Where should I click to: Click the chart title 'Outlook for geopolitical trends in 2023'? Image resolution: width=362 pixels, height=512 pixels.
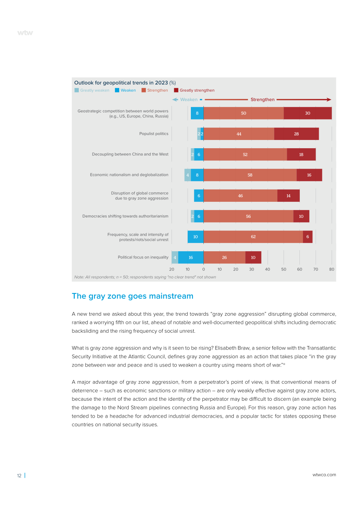tap(121, 83)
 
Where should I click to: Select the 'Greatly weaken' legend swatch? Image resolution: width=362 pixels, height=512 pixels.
tap(77, 90)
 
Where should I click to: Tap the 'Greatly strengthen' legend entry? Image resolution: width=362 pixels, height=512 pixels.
tap(194, 90)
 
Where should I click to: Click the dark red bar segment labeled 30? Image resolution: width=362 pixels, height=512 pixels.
tap(308, 113)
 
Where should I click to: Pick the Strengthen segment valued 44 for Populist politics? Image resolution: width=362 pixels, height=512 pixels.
tap(239, 134)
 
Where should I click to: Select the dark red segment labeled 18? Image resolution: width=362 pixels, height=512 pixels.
tap(301, 155)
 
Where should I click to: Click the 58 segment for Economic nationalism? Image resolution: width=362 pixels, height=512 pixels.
tap(250, 175)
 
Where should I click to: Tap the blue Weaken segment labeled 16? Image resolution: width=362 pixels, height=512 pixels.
tap(191, 257)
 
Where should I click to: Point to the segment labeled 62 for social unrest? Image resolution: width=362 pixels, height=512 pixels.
tap(253, 237)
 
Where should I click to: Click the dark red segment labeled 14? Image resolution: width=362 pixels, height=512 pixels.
tap(288, 196)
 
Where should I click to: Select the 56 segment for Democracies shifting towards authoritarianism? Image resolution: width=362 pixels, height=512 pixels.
tap(248, 216)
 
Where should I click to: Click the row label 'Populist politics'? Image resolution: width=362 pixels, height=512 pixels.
tap(154, 134)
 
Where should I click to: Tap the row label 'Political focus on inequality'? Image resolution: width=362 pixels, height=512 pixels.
tap(143, 257)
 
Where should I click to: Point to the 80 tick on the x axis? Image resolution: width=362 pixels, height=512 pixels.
tap(332, 269)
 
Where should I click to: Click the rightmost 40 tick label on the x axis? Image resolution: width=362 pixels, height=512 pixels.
tap(267, 269)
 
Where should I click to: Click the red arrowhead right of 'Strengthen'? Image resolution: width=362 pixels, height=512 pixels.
tap(329, 99)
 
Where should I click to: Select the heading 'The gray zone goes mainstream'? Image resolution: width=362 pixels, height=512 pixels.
tap(133, 296)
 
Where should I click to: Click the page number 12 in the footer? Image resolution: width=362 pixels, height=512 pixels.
tap(19, 476)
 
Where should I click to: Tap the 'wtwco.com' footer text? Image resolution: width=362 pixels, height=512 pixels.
tap(324, 475)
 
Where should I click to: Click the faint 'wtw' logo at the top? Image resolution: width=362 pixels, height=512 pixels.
tap(25, 33)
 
